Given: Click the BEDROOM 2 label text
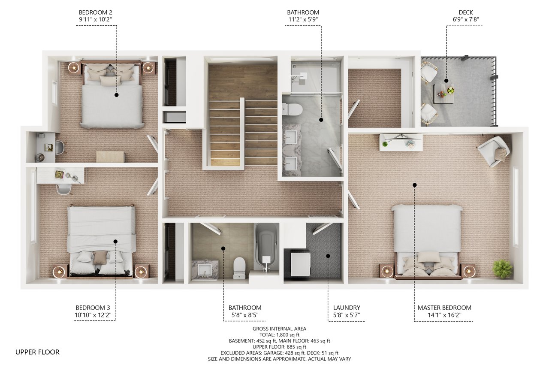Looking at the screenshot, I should pyautogui.click(x=96, y=12).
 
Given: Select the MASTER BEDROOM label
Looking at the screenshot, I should pyautogui.click(x=444, y=308).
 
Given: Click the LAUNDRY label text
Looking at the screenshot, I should pyautogui.click(x=347, y=308).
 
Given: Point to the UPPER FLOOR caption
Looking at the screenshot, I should pyautogui.click(x=37, y=352).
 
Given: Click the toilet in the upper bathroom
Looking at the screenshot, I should pyautogui.click(x=295, y=109).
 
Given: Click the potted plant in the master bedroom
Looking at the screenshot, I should pyautogui.click(x=502, y=269).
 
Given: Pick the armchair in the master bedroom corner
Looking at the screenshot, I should pyautogui.click(x=494, y=150).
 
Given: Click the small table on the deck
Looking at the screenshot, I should pyautogui.click(x=443, y=94).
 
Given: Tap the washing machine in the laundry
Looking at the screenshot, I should pyautogui.click(x=300, y=263).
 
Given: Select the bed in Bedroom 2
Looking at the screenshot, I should pyautogui.click(x=112, y=97).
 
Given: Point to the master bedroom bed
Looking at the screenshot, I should pyautogui.click(x=427, y=240).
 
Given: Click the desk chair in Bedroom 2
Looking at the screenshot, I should pyautogui.click(x=60, y=147).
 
